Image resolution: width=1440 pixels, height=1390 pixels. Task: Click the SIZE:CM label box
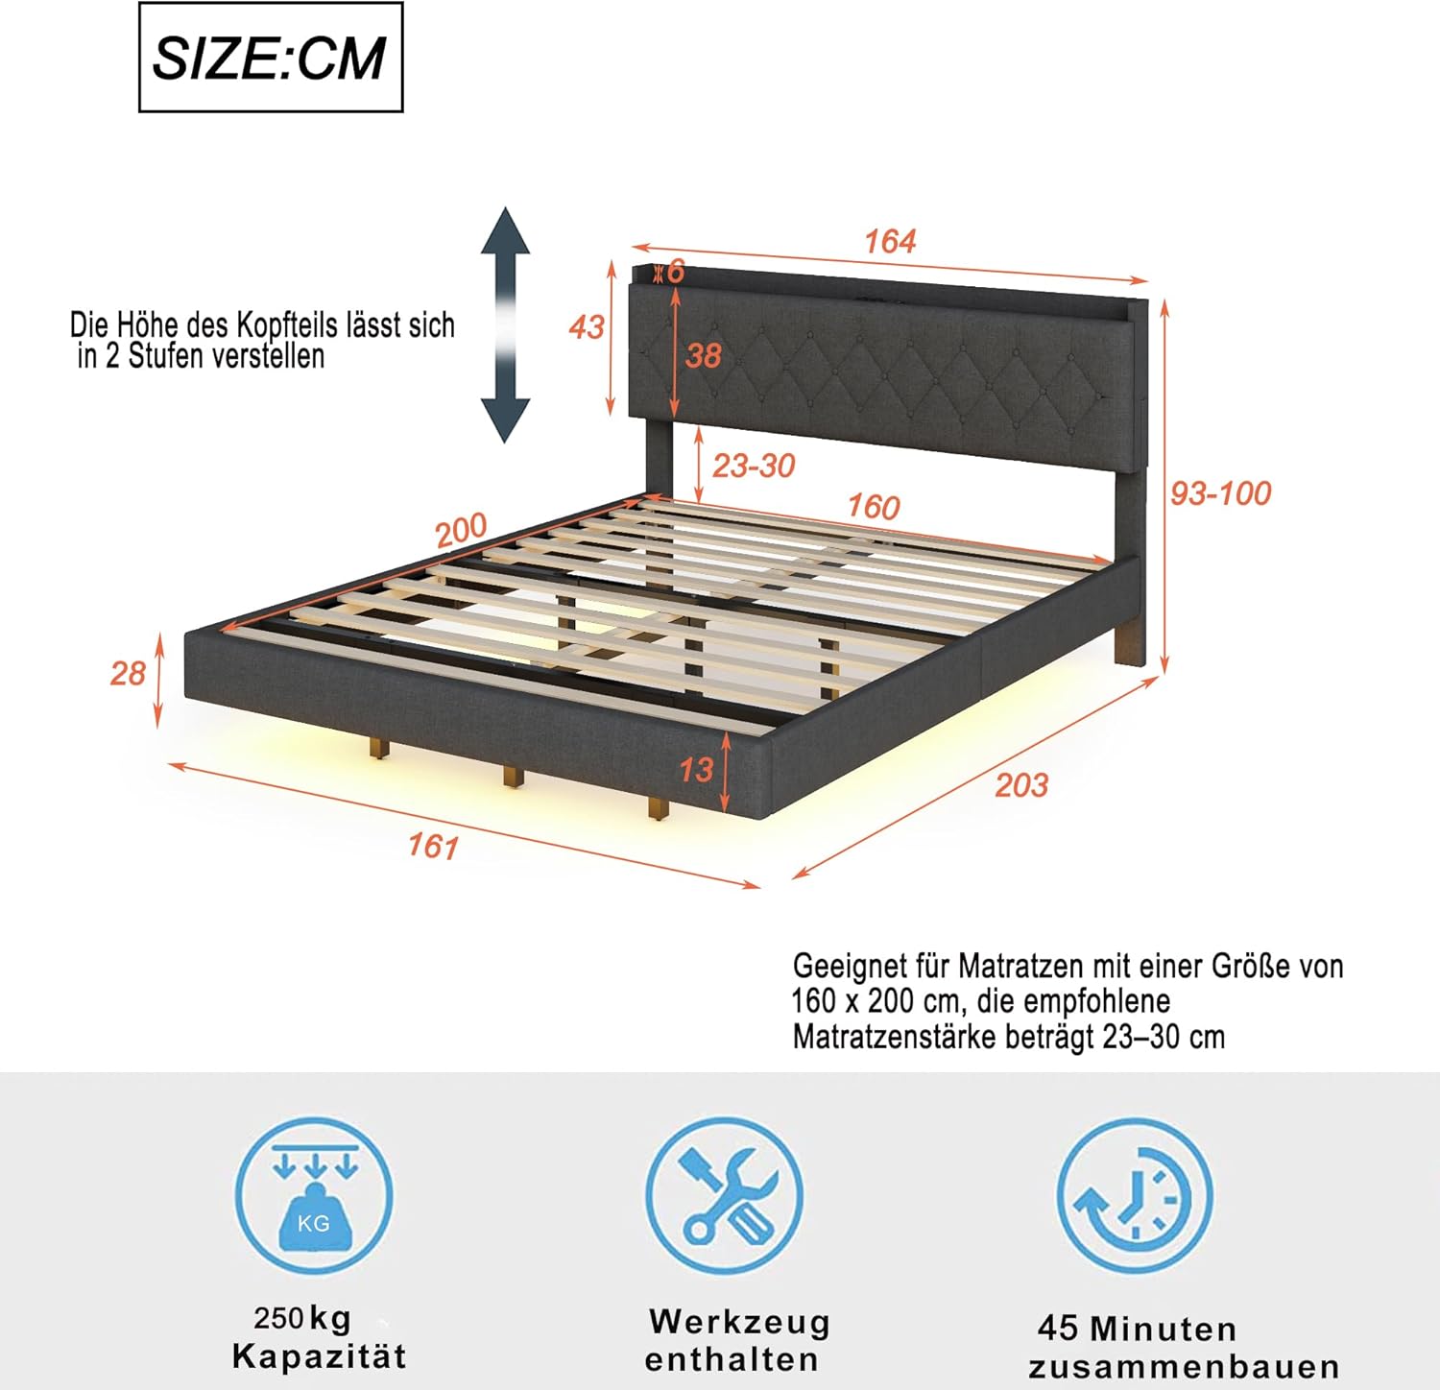pos(271,58)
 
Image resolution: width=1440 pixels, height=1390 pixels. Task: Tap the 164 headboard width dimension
pos(890,241)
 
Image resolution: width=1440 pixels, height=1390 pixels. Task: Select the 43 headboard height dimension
pos(587,326)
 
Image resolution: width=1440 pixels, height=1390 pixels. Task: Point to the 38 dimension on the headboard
pos(703,355)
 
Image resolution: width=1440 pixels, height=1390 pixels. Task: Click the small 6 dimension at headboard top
pos(676,272)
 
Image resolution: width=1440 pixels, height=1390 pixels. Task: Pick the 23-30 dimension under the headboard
pos(754,466)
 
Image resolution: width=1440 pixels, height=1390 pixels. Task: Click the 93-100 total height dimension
pos(1220,492)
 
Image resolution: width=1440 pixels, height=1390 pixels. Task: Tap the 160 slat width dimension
pos(873,507)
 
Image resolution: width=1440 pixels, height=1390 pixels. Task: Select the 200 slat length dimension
pos(462,531)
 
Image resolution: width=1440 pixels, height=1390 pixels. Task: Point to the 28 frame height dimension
pos(128,673)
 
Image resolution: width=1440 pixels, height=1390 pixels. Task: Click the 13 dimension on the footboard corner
pos(696,769)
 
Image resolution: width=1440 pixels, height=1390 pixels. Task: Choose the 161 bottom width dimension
pos(433,846)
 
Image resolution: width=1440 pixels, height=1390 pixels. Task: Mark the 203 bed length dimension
pos(1021,785)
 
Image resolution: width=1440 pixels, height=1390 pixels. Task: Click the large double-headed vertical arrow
pos(505,324)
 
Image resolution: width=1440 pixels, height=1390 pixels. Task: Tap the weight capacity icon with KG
pos(314,1196)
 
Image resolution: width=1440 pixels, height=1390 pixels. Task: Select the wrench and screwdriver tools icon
pos(725,1196)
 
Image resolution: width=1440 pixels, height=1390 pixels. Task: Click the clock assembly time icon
pos(1136,1196)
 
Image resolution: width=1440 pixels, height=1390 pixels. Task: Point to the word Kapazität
pos(320,1356)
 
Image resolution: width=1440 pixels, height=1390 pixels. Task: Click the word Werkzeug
pos(739,1322)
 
